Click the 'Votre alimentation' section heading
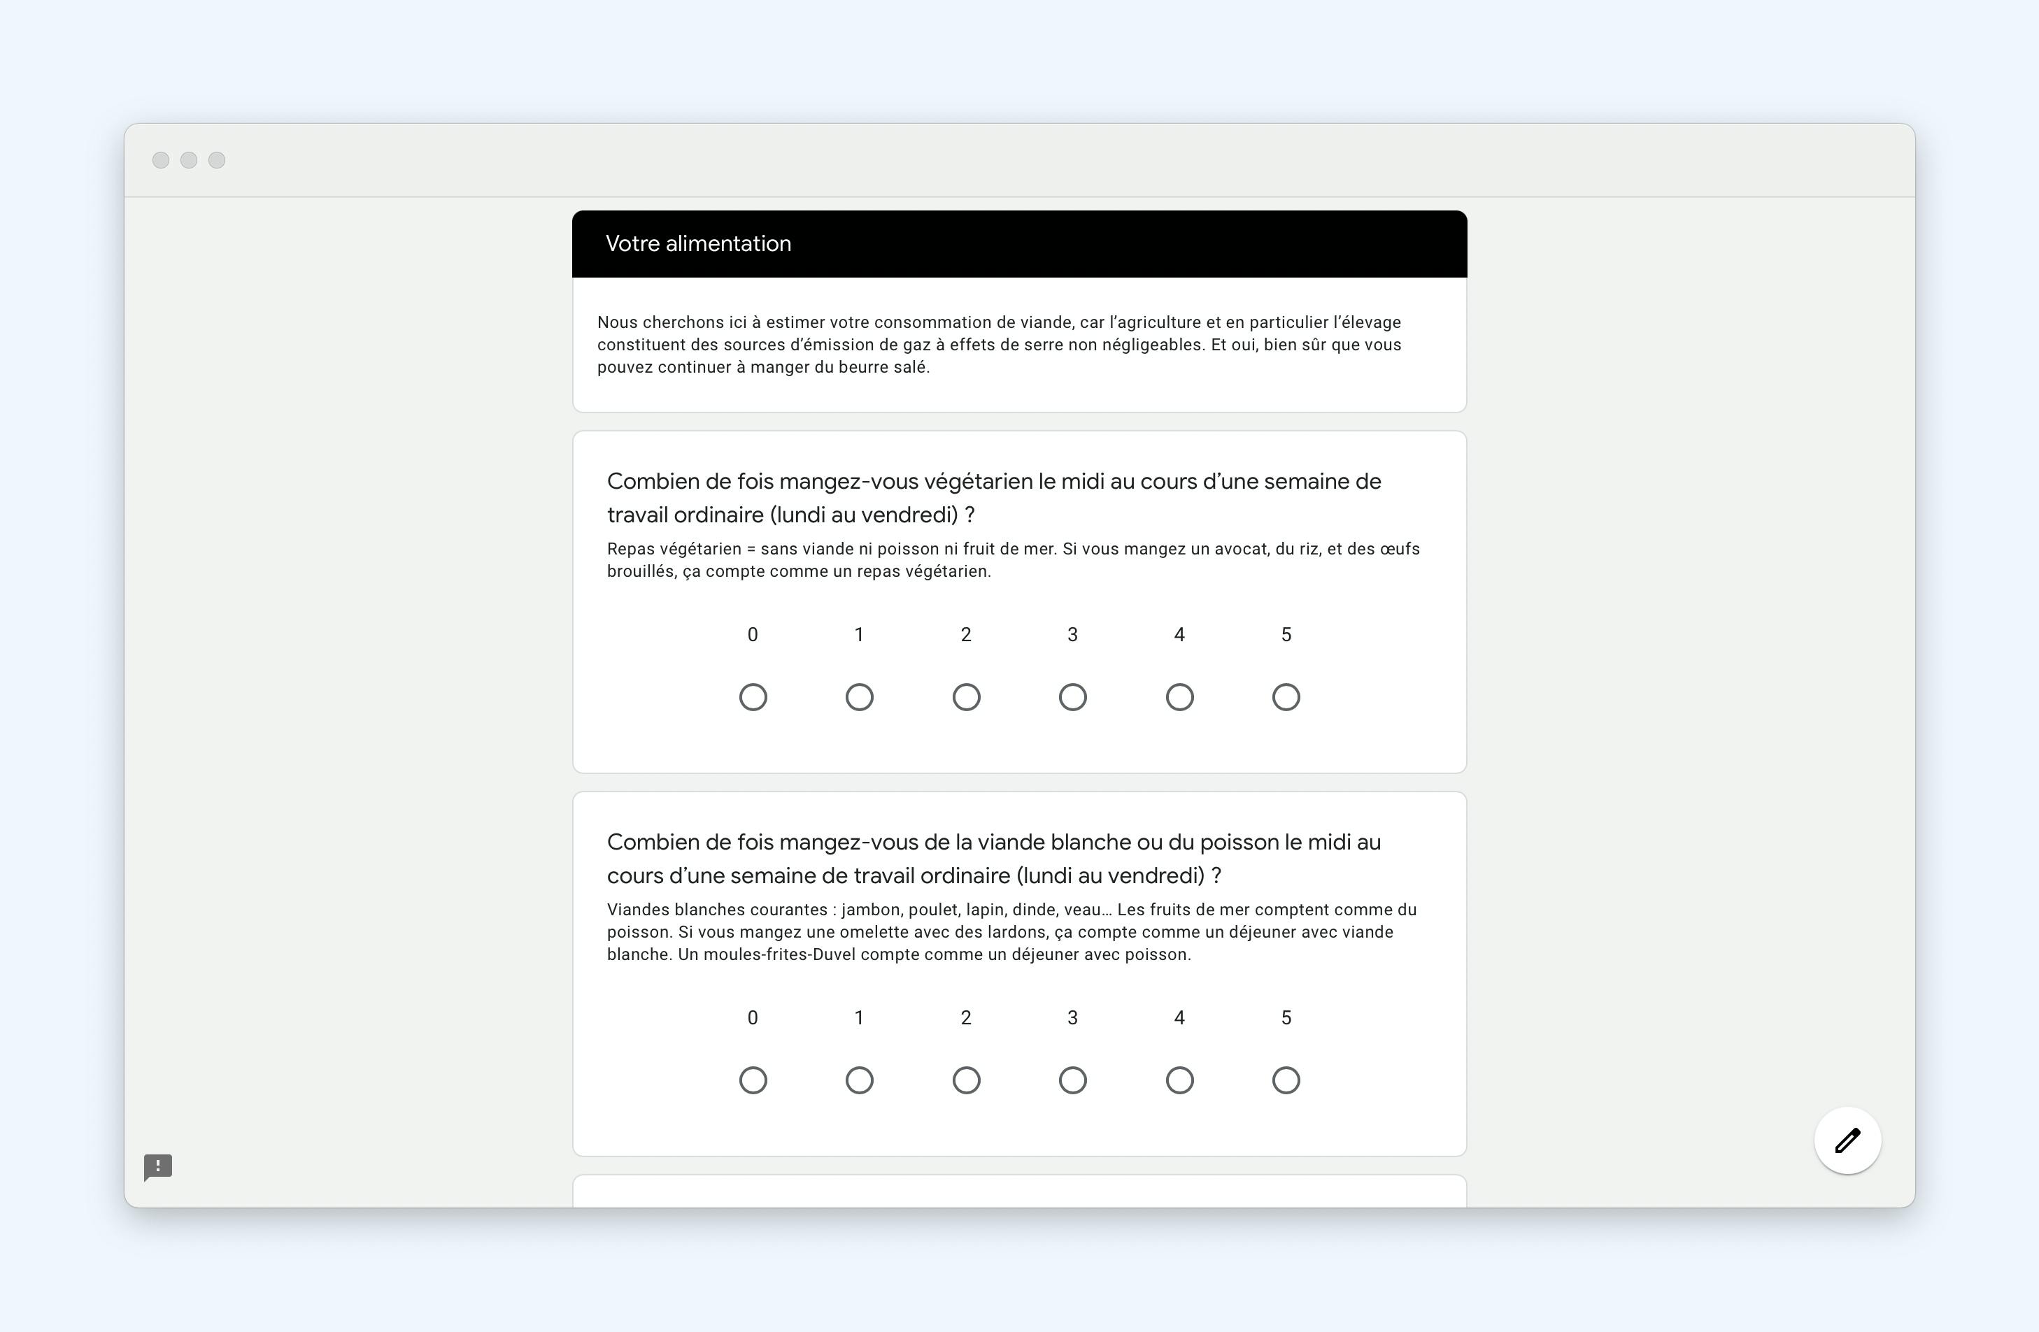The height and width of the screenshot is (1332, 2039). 697,243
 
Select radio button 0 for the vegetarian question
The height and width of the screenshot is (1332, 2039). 753,697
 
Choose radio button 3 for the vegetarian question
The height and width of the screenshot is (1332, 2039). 1072,697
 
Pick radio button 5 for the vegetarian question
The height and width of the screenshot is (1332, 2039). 1286,697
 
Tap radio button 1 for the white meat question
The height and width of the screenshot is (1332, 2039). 859,1080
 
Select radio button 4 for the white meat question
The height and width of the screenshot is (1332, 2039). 1180,1080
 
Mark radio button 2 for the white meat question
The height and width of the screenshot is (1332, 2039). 967,1080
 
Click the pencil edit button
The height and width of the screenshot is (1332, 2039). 1847,1140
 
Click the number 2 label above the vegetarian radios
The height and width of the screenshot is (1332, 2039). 965,635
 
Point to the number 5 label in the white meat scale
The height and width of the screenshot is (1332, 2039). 1286,1017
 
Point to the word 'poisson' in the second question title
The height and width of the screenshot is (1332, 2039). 1238,842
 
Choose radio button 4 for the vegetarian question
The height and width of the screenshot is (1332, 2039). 1180,697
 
